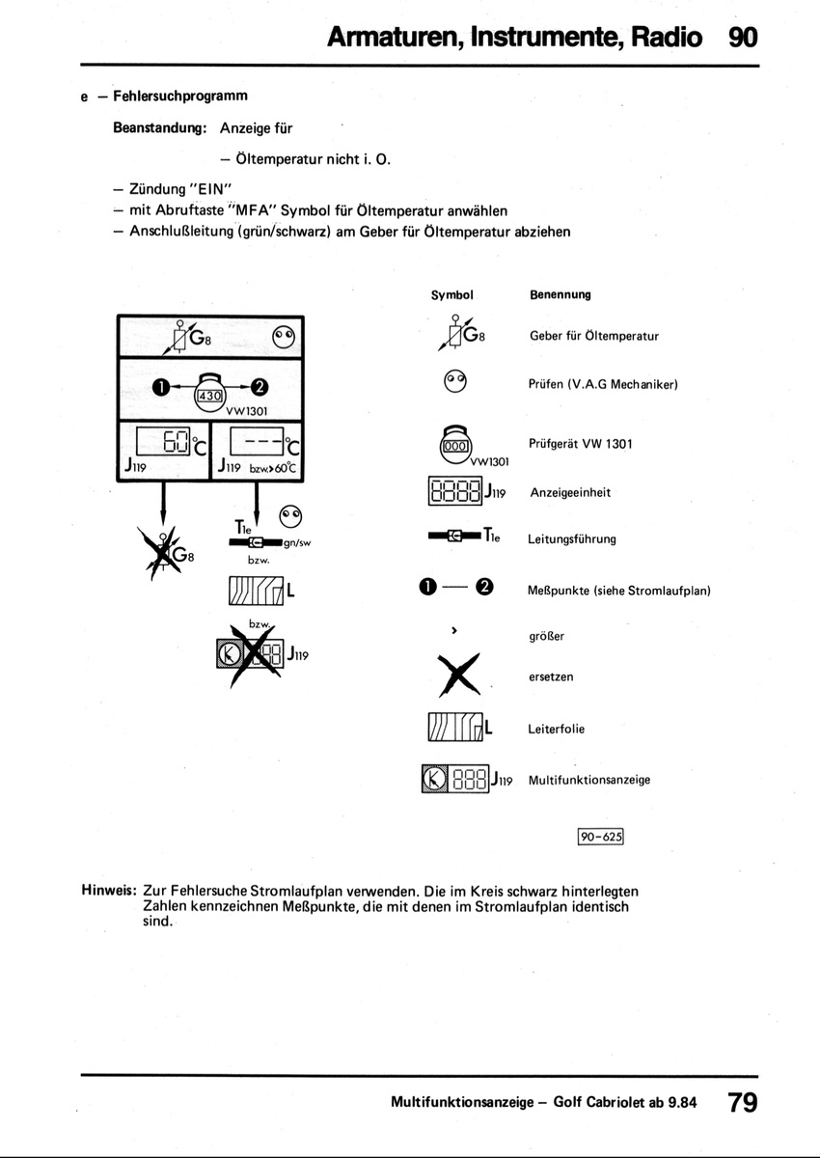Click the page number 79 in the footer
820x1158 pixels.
click(x=742, y=1102)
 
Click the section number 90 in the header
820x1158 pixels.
click(x=743, y=38)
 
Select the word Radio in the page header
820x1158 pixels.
click(x=665, y=38)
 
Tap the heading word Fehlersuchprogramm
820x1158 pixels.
click(x=180, y=96)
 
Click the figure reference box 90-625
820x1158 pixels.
click(x=601, y=838)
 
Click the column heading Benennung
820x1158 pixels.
click(x=560, y=294)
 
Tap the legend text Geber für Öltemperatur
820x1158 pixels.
click(x=594, y=337)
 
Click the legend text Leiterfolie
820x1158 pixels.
click(x=557, y=730)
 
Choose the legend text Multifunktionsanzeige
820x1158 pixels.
click(x=589, y=780)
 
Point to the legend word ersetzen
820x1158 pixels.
click(x=551, y=677)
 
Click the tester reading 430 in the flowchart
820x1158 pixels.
click(x=209, y=395)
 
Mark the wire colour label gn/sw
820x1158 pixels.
click(x=297, y=543)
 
